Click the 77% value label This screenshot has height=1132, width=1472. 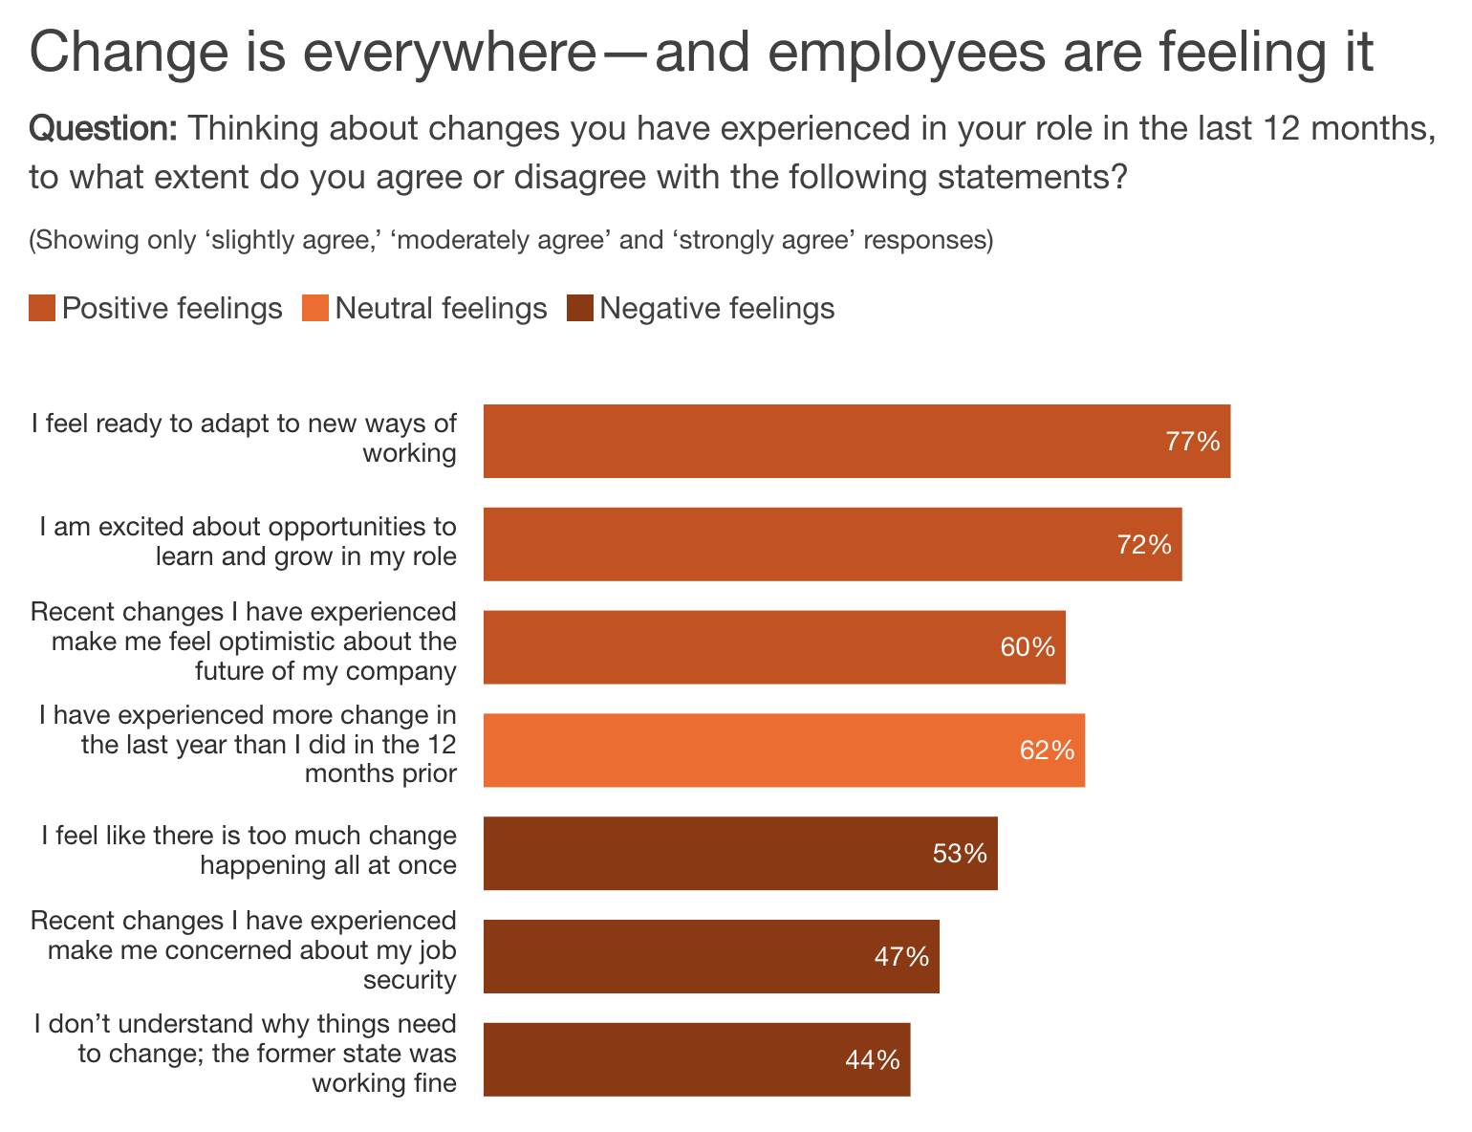pyautogui.click(x=1192, y=442)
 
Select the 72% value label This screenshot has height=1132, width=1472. pyautogui.click(x=1144, y=545)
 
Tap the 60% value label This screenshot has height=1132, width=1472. pyautogui.click(x=1028, y=647)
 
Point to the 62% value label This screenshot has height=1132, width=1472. pyautogui.click(x=1047, y=751)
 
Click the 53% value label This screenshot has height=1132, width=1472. pyautogui.click(x=960, y=853)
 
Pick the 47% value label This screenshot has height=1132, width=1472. pyautogui.click(x=901, y=956)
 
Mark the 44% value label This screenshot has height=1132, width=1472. pyautogui.click(x=873, y=1059)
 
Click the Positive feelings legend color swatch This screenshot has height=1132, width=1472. pyautogui.click(x=42, y=309)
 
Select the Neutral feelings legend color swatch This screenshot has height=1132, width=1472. pyautogui.click(x=315, y=309)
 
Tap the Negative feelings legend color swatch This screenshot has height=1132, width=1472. pyautogui.click(x=580, y=309)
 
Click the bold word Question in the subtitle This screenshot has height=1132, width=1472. pyautogui.click(x=103, y=128)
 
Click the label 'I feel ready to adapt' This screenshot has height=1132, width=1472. pyautogui.click(x=244, y=438)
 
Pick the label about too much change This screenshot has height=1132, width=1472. pyautogui.click(x=249, y=850)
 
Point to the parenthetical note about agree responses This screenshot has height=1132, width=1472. pyautogui.click(x=511, y=239)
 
